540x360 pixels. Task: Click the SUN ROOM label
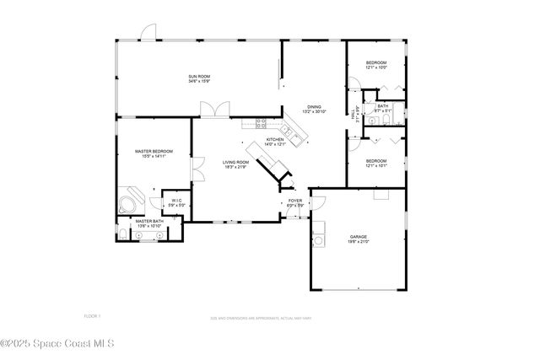coord(198,77)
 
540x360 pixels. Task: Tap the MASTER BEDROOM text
coord(154,152)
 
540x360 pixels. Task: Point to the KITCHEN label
coord(276,140)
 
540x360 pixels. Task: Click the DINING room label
coord(314,107)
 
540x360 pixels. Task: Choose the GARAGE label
coord(359,237)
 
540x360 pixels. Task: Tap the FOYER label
coord(295,201)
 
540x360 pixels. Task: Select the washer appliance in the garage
coord(319,241)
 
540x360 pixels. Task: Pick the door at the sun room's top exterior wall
coord(149,32)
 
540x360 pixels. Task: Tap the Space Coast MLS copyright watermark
coord(57,343)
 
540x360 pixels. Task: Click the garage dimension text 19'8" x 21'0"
coord(359,242)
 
